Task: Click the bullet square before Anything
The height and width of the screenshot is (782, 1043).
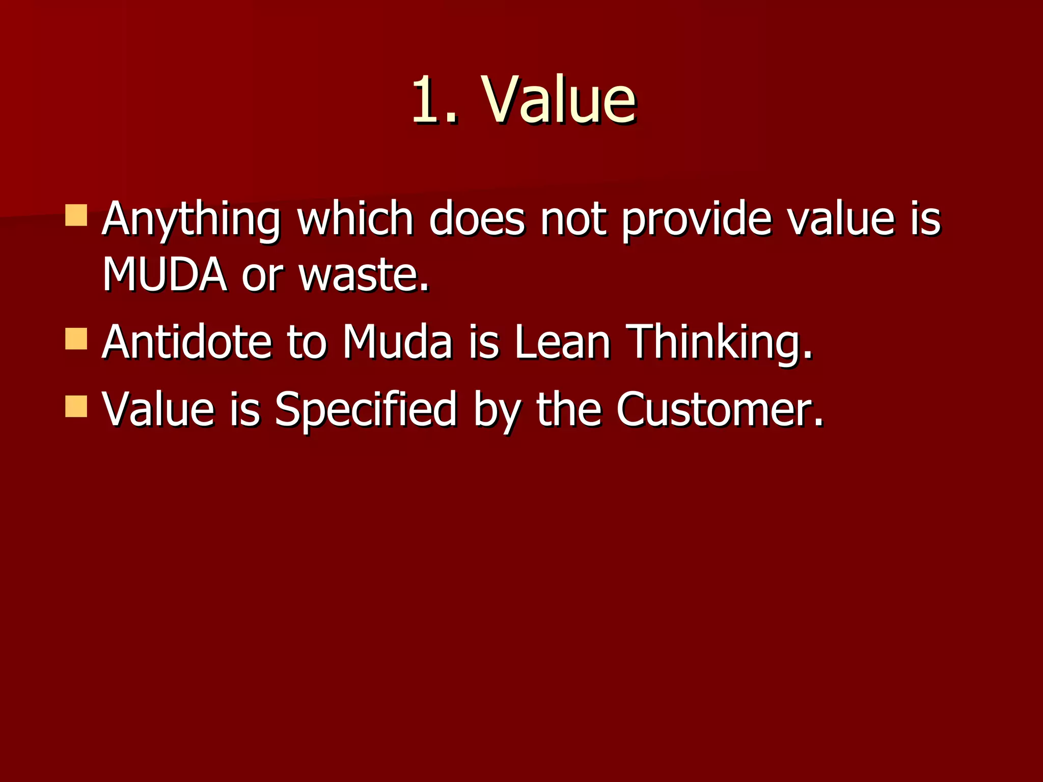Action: point(76,215)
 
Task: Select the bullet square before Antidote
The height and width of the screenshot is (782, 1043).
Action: point(76,339)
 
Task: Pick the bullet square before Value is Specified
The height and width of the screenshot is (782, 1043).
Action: point(76,406)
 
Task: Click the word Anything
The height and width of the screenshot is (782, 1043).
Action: point(191,220)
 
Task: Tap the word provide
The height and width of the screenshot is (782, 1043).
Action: point(697,220)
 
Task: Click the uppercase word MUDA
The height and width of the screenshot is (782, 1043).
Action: point(164,275)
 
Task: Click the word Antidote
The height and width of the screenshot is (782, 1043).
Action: point(186,342)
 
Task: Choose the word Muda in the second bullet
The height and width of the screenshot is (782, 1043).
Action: point(397,342)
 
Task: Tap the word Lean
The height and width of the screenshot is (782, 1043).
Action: point(562,342)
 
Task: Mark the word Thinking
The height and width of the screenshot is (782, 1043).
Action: point(719,342)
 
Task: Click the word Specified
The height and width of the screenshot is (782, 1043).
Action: point(365,410)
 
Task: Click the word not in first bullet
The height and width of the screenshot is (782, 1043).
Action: point(573,220)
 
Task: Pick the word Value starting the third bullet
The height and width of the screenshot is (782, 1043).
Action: point(158,410)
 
